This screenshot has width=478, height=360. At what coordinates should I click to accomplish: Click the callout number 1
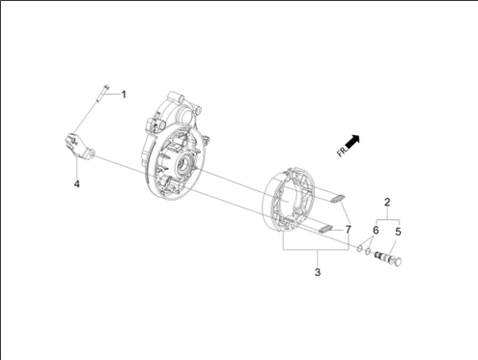pyautogui.click(x=124, y=95)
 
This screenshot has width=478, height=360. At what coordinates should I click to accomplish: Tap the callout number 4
pyautogui.click(x=76, y=184)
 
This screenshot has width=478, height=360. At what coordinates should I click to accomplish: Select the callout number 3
pyautogui.click(x=318, y=272)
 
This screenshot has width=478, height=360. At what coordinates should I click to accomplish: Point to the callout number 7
pyautogui.click(x=348, y=230)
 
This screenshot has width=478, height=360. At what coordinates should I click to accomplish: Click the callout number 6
pyautogui.click(x=376, y=231)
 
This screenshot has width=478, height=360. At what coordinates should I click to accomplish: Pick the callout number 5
pyautogui.click(x=398, y=232)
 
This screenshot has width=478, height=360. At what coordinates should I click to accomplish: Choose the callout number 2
pyautogui.click(x=387, y=202)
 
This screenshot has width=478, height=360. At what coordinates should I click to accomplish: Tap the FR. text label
pyautogui.click(x=343, y=151)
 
